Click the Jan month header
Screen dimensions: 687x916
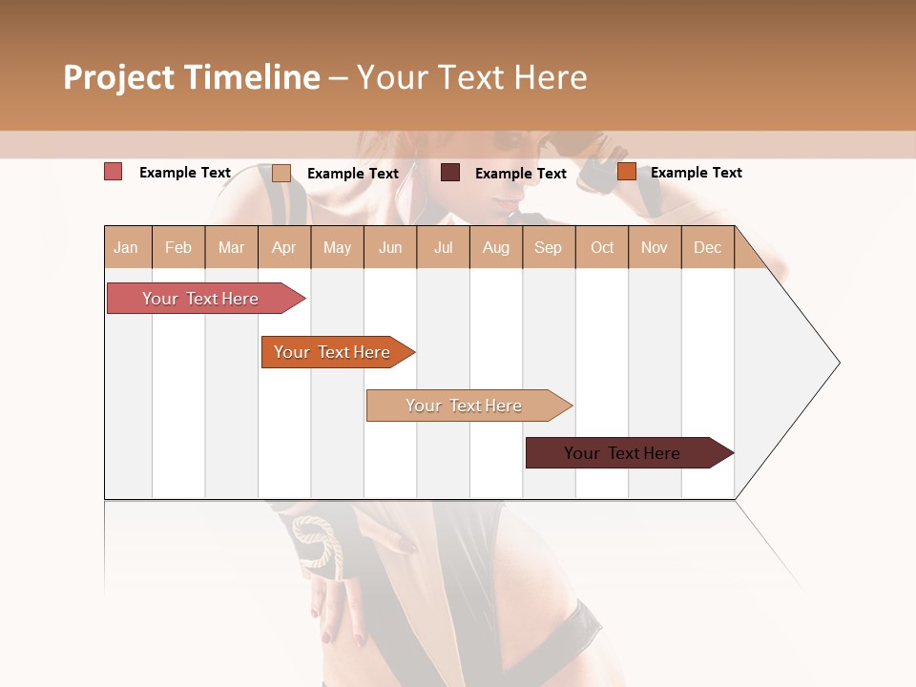pos(126,248)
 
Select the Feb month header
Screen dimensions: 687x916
pos(178,248)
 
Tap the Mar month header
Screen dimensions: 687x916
pos(231,248)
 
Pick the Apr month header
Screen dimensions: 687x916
pos(283,248)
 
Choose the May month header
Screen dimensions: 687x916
pos(337,248)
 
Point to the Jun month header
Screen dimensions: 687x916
pos(390,248)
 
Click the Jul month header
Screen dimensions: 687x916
pos(443,248)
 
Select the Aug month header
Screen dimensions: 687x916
pos(496,248)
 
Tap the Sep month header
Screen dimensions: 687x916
pos(548,248)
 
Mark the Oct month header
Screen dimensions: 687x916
pos(602,248)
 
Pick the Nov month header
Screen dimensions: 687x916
pos(655,248)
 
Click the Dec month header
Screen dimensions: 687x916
pos(707,248)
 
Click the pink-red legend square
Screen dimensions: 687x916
pos(114,172)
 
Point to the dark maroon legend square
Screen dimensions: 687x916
pos(450,172)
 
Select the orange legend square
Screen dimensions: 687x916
pos(627,172)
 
